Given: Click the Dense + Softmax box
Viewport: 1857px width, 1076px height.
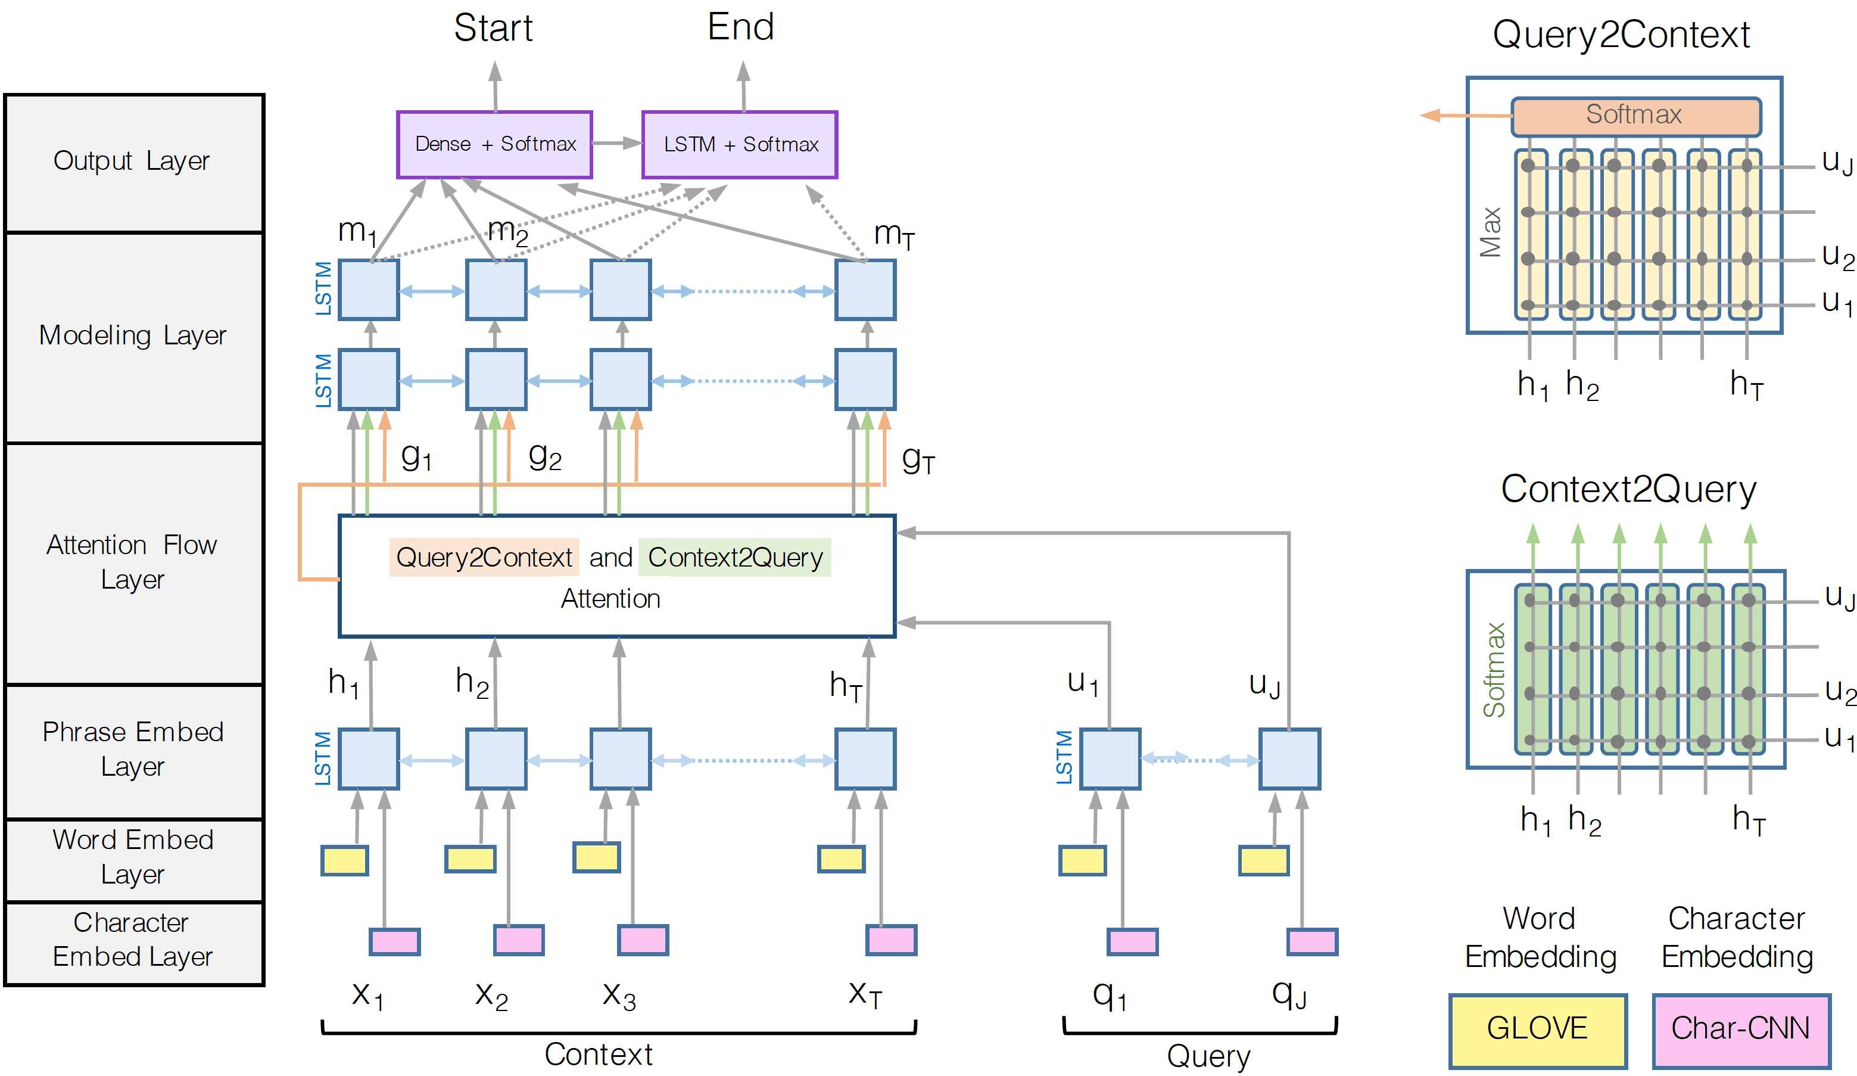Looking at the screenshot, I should click(494, 144).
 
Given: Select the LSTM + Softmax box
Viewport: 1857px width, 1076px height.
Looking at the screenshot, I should click(740, 144).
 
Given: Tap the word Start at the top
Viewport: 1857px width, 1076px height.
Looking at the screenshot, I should click(493, 28).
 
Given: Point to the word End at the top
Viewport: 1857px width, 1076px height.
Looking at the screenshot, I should click(740, 27).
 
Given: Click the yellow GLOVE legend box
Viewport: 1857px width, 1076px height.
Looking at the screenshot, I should click(1537, 1030).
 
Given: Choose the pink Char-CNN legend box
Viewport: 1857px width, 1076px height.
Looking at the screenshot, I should click(1741, 1030).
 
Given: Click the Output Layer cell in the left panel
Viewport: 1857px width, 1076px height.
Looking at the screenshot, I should click(133, 161).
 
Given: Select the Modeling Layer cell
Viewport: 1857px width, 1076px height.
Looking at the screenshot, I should click(133, 336).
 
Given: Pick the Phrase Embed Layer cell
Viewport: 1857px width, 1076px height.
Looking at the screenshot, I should click(133, 750).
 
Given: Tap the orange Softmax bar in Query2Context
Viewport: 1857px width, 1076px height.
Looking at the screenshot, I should click(1635, 116).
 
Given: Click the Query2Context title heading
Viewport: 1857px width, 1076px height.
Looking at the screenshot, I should click(1621, 35).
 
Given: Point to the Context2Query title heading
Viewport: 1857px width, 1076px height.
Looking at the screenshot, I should click(1628, 489).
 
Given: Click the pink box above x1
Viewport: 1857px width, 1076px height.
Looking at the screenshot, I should click(395, 941).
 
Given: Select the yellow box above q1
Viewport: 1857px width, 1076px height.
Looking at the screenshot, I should click(1083, 860).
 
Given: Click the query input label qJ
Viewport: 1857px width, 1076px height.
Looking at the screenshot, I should click(1289, 995).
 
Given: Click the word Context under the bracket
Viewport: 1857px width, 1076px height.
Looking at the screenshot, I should click(599, 1055).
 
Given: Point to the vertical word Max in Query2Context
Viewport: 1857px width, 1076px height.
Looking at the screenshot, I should click(1491, 232).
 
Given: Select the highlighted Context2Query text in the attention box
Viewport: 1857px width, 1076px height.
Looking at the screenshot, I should click(735, 558).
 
